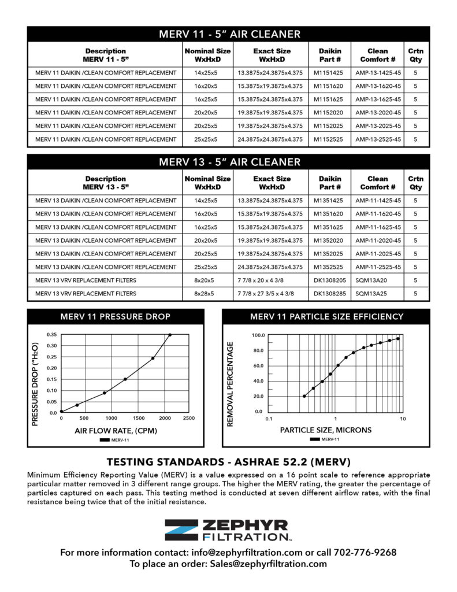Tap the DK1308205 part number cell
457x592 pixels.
pos(329,280)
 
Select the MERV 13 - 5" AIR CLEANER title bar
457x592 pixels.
pos(229,162)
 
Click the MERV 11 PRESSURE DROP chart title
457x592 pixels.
pos(116,316)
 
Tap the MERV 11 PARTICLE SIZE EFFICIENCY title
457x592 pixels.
pos(326,316)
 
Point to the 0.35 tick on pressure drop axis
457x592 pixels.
pos(51,335)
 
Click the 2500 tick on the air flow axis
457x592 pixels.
pos(189,418)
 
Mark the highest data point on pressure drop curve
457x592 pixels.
pos(170,335)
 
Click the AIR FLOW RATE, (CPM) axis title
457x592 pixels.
pos(116,431)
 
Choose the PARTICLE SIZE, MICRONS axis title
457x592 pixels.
pos(326,430)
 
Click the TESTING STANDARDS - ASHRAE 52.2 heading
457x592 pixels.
pos(228,462)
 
